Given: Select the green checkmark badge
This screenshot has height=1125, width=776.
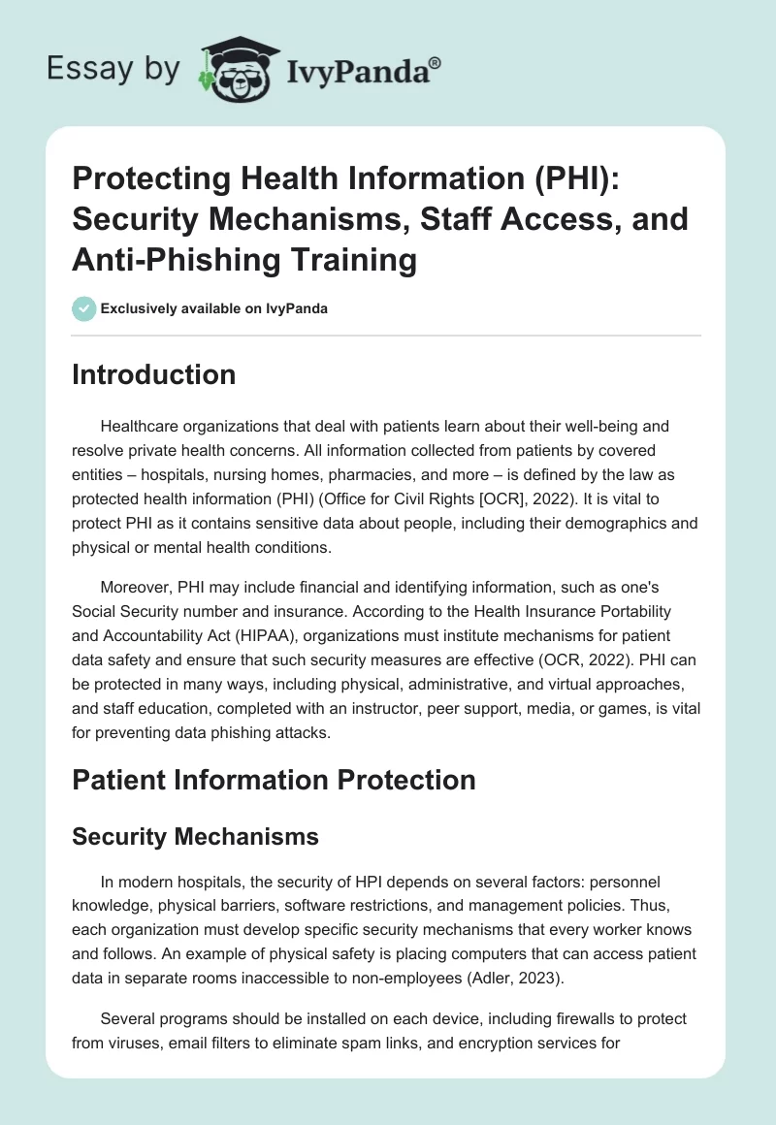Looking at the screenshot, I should [x=83, y=308].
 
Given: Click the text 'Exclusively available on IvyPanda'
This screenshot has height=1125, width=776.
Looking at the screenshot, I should [x=213, y=308].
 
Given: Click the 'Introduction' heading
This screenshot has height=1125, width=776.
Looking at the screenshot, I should [x=153, y=375].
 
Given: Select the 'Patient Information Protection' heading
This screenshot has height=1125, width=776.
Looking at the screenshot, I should [x=274, y=780].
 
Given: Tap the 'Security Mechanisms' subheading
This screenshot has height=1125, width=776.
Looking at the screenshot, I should [x=195, y=835].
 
